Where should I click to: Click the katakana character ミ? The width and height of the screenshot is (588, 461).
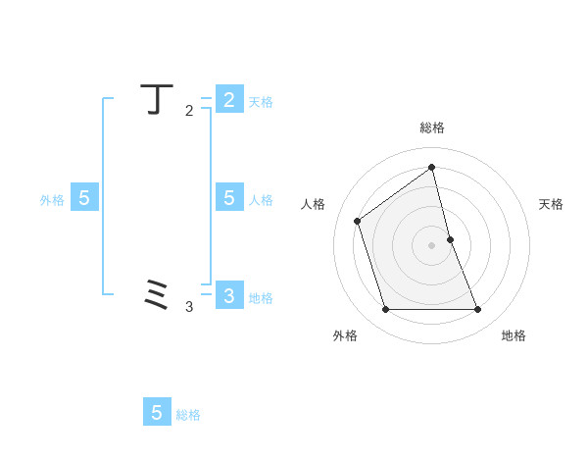click(x=158, y=294)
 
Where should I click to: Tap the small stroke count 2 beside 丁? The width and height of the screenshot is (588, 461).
click(x=189, y=111)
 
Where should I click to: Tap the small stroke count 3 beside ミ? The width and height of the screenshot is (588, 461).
click(x=189, y=307)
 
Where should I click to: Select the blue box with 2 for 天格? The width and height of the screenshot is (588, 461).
click(x=228, y=99)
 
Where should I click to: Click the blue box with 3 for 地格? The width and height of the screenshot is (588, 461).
click(x=228, y=295)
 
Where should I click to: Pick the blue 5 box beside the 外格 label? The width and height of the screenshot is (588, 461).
click(x=84, y=198)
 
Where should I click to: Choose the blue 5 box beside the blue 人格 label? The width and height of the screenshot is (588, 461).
click(x=228, y=198)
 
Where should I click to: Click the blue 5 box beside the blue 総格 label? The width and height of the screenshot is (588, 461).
click(x=157, y=413)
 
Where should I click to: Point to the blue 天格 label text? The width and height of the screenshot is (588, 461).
click(x=261, y=102)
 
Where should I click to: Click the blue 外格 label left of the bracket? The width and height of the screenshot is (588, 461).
click(x=52, y=200)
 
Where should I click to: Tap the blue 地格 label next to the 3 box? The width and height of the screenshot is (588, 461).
click(x=261, y=298)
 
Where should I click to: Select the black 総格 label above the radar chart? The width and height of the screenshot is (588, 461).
click(x=432, y=128)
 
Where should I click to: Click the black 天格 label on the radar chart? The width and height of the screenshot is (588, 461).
click(x=552, y=204)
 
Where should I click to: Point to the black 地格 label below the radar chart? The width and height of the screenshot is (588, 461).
click(x=514, y=335)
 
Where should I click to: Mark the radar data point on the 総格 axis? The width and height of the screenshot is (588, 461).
click(x=432, y=167)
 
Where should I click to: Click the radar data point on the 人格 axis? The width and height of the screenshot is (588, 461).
click(x=358, y=221)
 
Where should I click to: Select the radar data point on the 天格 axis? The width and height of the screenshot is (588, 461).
click(x=450, y=239)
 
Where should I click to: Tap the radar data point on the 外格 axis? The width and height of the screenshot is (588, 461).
click(x=386, y=310)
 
